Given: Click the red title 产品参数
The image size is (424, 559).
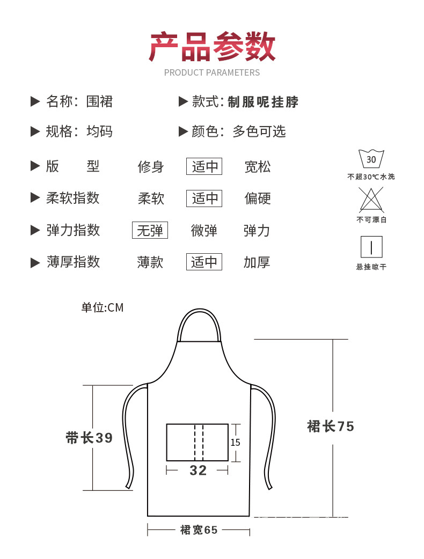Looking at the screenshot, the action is coord(212,47).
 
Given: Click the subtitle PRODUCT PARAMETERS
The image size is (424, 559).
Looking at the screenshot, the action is coord(212,73).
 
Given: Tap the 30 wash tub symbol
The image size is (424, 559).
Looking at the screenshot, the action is coord(371,159).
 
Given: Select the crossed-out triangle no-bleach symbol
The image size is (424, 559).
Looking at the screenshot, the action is coord(371,200).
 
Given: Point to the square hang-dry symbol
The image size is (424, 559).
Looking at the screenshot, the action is coord(371,247).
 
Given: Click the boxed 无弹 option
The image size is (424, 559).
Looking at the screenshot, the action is coord(150,230).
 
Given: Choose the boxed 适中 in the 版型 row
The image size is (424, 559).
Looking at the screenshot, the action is coord(204,166).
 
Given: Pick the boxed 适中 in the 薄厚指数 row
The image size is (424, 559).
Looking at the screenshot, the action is coord(204,262).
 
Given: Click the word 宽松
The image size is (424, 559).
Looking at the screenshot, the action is coord(258,167).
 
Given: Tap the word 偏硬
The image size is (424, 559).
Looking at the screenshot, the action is coord(258,198).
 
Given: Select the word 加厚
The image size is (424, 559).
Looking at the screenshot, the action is coord(257,262).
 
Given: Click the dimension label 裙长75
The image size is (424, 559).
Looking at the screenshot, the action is coord(331,426).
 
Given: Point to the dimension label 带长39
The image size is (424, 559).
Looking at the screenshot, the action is coord(89,438).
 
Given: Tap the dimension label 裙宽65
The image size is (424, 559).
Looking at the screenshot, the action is coord(199,530).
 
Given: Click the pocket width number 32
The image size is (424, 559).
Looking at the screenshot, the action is coord(198,470).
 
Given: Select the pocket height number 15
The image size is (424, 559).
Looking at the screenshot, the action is coord(236,443).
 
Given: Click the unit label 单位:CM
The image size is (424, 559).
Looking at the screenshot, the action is coord(103,307).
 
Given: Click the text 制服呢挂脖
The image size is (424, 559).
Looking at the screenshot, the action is coord(263,102).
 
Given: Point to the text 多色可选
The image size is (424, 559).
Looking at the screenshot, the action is coord(259,131).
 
